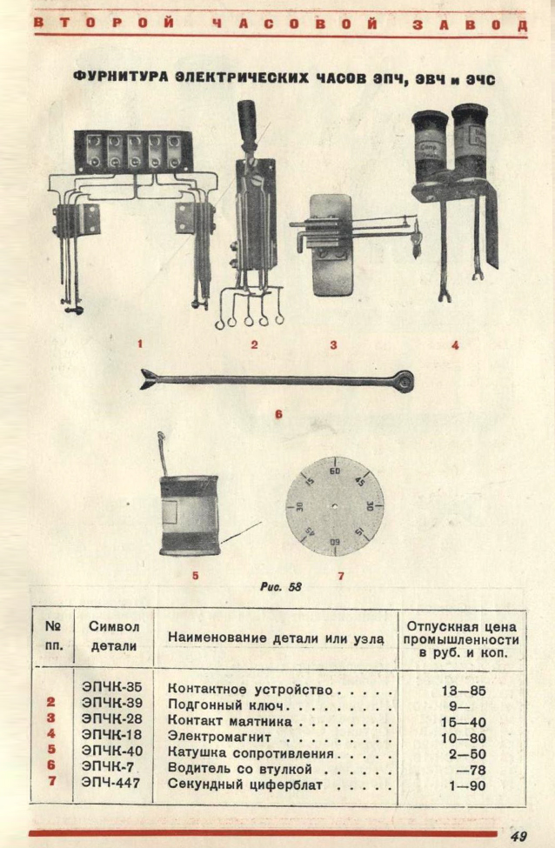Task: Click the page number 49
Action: pyautogui.click(x=518, y=836)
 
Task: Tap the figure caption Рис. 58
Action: pyautogui.click(x=280, y=587)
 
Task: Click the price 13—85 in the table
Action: pyautogui.click(x=463, y=691)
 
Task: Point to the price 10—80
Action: pyautogui.click(x=463, y=738)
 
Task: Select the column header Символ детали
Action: pyautogui.click(x=113, y=637)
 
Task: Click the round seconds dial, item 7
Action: pyautogui.click(x=334, y=505)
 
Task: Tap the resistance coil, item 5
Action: pyautogui.click(x=188, y=516)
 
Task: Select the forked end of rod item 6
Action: pyautogui.click(x=150, y=379)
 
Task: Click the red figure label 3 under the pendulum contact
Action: pyautogui.click(x=333, y=344)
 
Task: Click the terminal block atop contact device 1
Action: pyautogui.click(x=133, y=149)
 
